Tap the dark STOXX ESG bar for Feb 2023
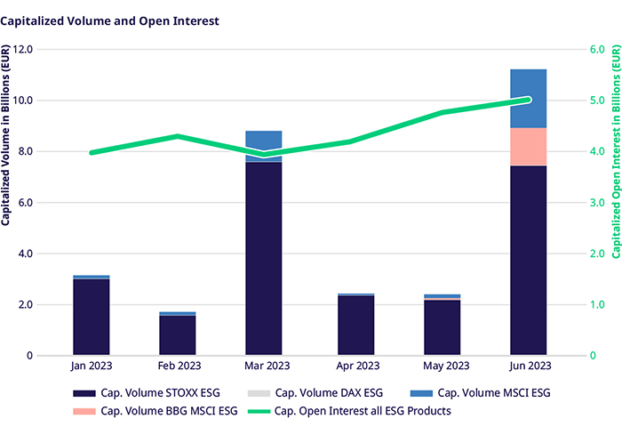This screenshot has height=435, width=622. pyautogui.click(x=178, y=335)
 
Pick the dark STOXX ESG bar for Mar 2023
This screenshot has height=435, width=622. pyautogui.click(x=264, y=258)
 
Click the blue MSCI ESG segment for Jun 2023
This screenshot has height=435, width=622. pyautogui.click(x=528, y=98)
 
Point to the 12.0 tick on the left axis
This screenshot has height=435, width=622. pyautogui.click(x=46, y=50)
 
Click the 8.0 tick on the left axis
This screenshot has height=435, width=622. pyautogui.click(x=49, y=152)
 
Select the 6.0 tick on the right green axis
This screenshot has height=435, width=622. pyautogui.click(x=595, y=50)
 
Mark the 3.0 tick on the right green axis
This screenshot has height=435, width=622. pyautogui.click(x=595, y=203)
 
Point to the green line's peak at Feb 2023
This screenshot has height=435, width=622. pyautogui.click(x=178, y=136)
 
